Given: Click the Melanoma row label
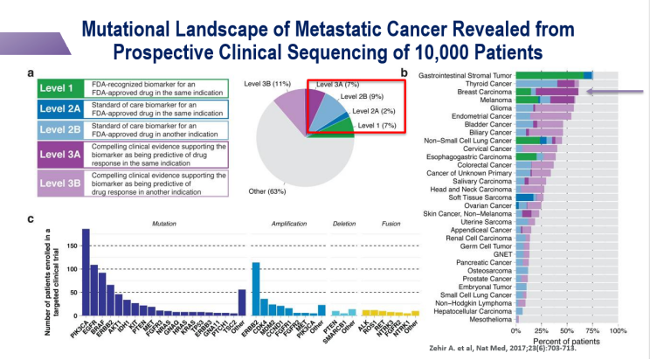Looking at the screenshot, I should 492,100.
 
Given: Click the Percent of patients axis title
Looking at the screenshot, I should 568,342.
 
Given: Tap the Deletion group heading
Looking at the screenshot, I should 345,224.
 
